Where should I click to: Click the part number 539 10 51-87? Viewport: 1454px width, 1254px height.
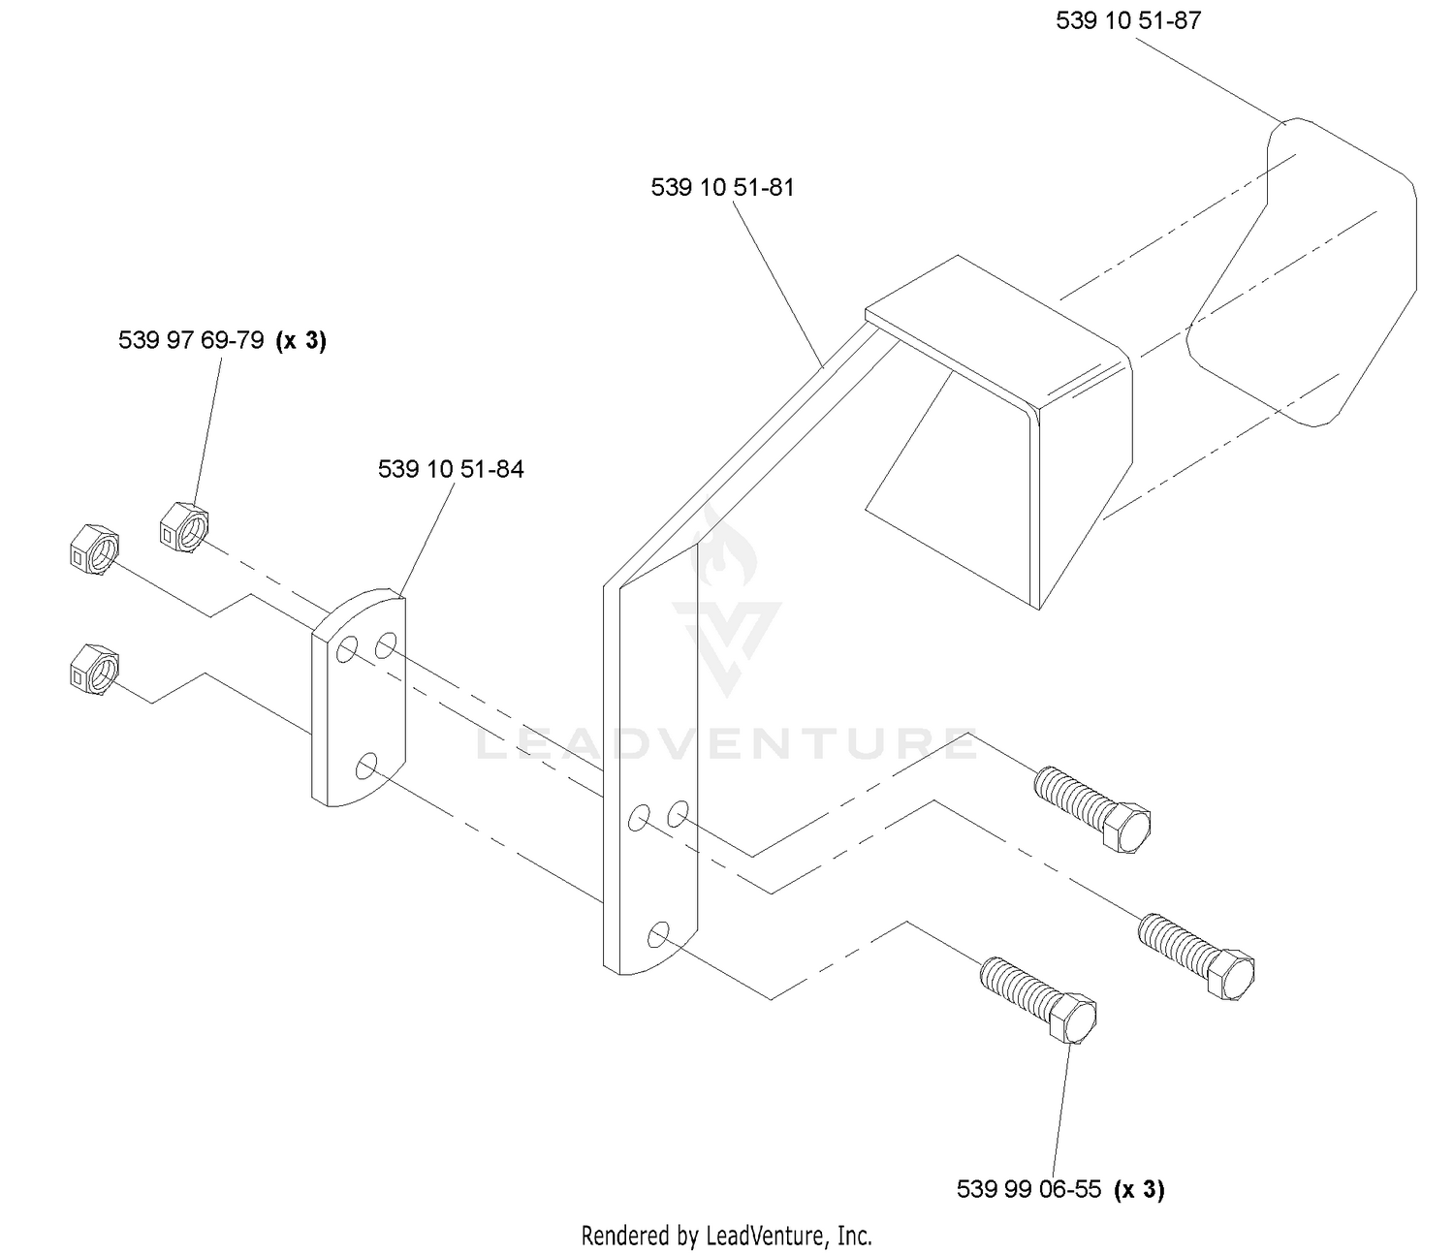click(1127, 21)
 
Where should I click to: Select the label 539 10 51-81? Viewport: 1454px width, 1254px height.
click(722, 188)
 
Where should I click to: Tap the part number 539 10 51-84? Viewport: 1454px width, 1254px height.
click(450, 469)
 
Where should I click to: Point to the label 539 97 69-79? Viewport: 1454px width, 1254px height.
click(191, 340)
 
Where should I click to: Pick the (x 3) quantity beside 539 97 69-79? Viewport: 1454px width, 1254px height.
click(301, 341)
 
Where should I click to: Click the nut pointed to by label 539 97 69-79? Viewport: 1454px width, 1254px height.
click(184, 527)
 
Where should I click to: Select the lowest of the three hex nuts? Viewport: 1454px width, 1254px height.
click(95, 670)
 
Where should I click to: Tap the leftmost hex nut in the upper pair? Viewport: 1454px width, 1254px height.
click(95, 550)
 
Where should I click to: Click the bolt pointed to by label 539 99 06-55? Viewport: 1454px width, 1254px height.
click(1038, 999)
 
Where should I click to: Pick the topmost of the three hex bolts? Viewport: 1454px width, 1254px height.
click(1091, 809)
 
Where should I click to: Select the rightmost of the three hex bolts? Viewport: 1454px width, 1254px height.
click(1196, 956)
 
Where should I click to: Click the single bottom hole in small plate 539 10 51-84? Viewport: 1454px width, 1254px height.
click(366, 766)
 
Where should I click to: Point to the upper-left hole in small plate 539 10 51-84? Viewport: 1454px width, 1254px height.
click(347, 650)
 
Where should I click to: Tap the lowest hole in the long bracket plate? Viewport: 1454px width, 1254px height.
click(658, 934)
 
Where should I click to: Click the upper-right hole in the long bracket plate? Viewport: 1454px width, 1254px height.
click(678, 814)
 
